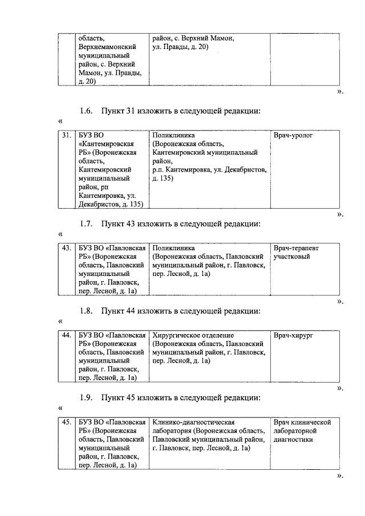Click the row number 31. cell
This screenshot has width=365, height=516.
pos(66,136)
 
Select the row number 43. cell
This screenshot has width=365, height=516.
pos(66,249)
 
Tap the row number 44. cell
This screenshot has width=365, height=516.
pos(66,335)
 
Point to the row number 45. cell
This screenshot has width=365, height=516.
pos(66,422)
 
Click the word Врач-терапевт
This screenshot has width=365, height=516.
pos(296,249)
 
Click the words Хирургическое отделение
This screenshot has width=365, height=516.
pos(193,335)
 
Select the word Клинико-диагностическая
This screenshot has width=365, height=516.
pos(194,422)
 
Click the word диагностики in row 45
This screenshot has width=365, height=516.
pos(294,440)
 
